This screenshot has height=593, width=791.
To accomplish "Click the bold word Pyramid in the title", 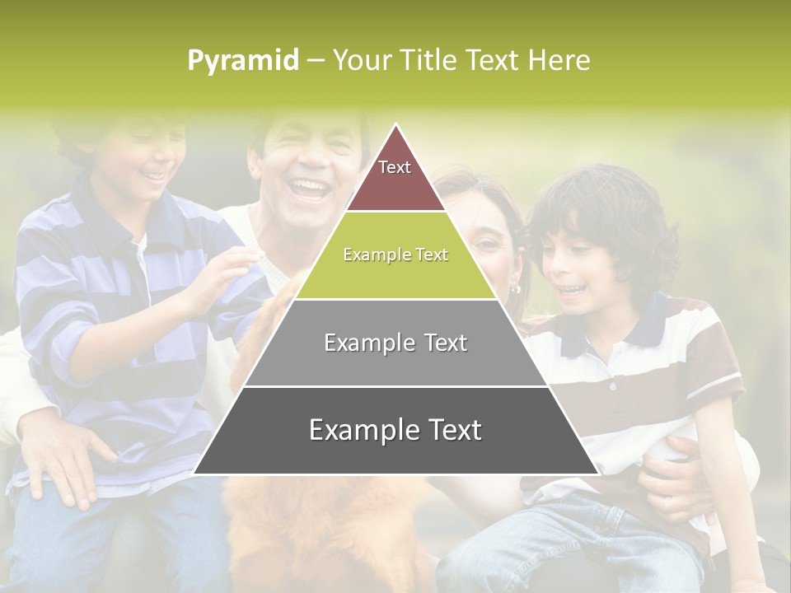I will pyautogui.click(x=243, y=60).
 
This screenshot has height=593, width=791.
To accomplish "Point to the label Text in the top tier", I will pyautogui.click(x=395, y=167).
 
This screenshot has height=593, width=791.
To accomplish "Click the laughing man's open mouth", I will pyautogui.click(x=310, y=188).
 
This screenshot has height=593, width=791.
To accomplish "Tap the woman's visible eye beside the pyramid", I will pyautogui.click(x=487, y=242).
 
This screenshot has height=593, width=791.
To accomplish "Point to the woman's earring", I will pyautogui.click(x=516, y=288).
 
